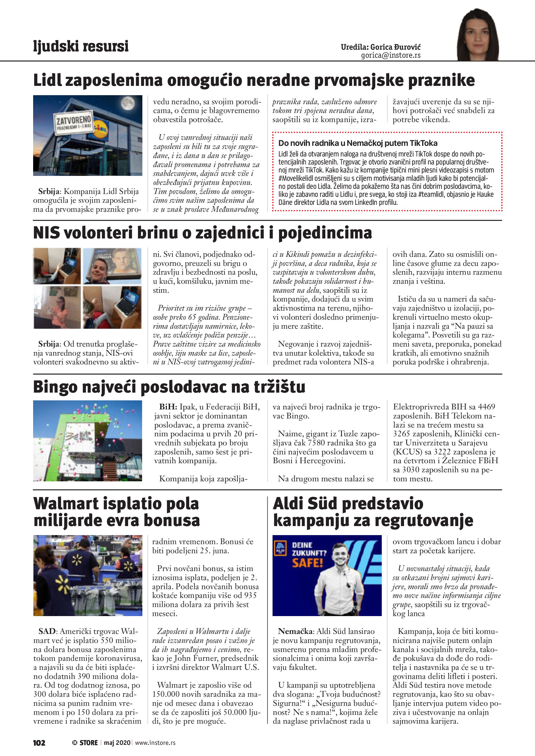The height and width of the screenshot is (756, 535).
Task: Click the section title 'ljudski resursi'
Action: point(81,46)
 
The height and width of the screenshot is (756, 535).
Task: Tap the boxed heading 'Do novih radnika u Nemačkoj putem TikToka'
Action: point(358,143)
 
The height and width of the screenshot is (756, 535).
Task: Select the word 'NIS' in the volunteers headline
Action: point(46,233)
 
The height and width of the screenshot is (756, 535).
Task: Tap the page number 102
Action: point(39,743)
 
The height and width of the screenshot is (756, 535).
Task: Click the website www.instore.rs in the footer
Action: point(155,743)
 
